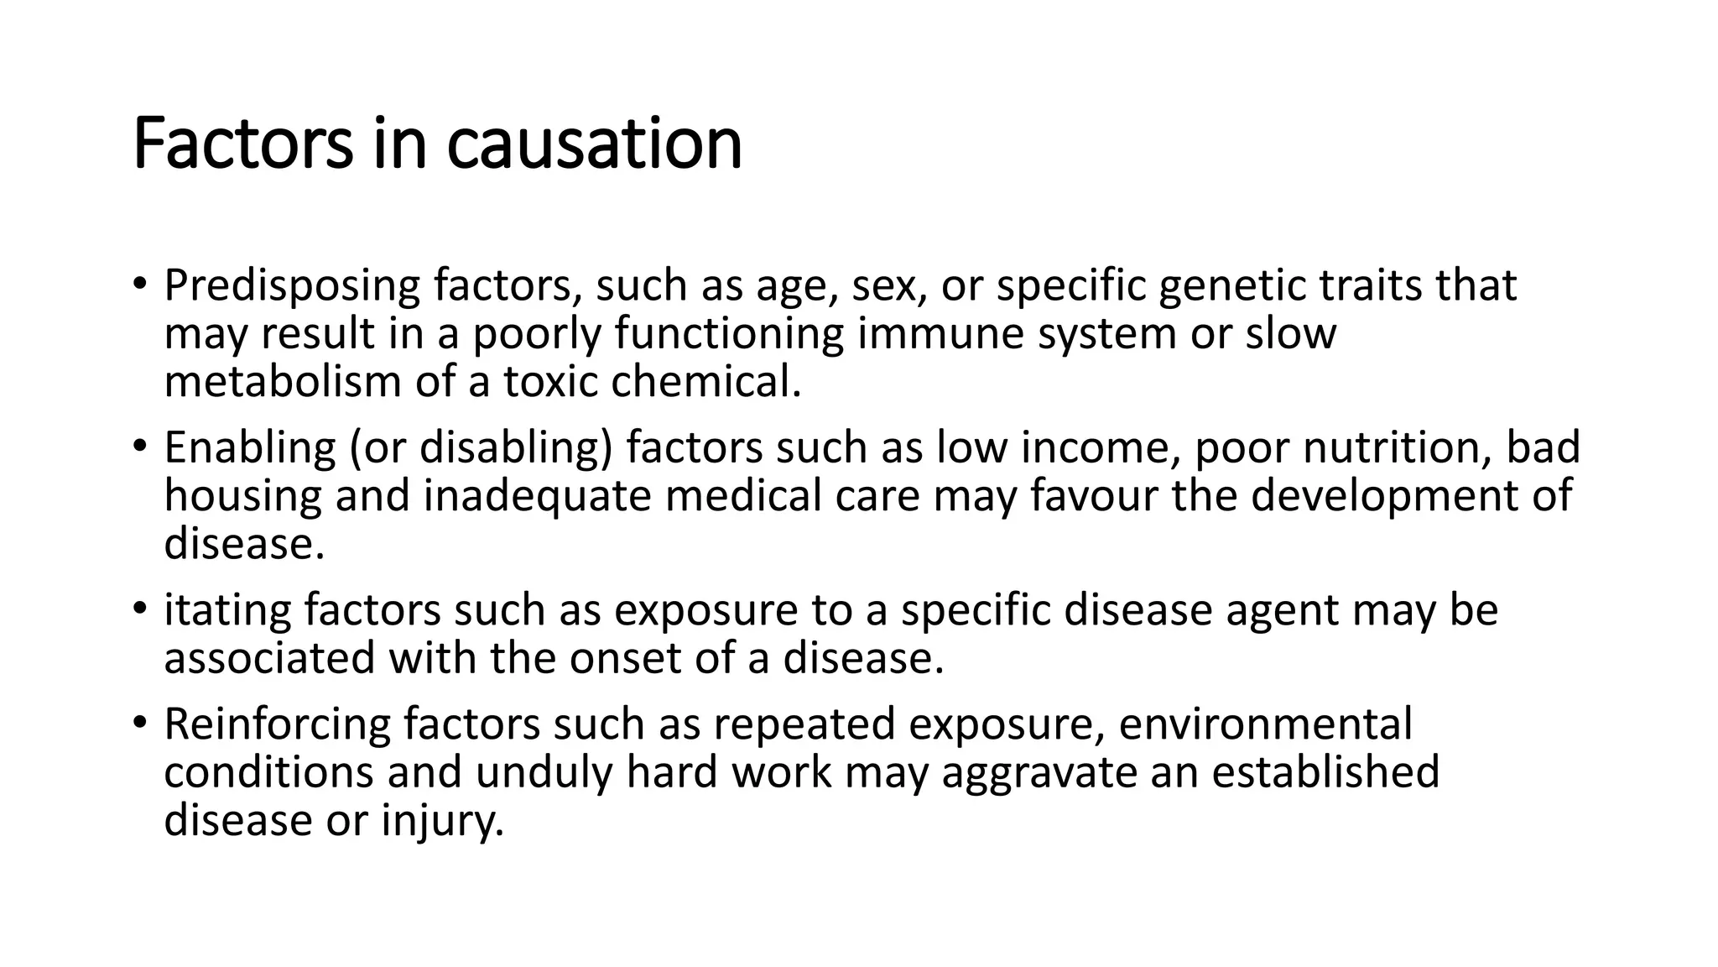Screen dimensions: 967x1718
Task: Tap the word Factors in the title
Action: (242, 144)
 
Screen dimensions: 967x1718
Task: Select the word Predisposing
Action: (291, 286)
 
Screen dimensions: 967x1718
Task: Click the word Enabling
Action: (249, 448)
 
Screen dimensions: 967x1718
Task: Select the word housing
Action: (242, 496)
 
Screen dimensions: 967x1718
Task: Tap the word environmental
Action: (1265, 724)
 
